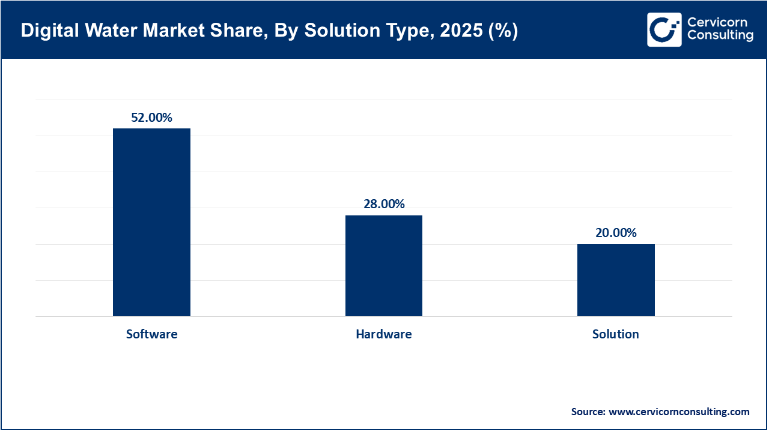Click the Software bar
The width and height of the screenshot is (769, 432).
click(151, 222)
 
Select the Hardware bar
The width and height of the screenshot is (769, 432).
click(383, 265)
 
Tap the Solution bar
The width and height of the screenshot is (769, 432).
click(616, 280)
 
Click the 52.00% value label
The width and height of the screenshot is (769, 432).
click(151, 118)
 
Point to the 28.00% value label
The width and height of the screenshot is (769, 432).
click(383, 204)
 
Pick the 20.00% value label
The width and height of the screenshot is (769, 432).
click(616, 233)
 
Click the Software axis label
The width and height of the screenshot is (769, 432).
click(151, 334)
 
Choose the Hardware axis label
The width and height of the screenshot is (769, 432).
click(383, 334)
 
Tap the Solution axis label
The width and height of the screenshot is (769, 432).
click(616, 334)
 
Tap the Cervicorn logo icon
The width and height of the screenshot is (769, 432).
click(664, 29)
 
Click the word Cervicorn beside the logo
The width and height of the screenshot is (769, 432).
click(717, 23)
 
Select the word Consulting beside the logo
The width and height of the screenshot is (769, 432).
click(720, 36)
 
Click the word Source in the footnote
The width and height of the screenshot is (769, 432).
click(588, 412)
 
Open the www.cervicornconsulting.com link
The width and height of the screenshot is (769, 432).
click(679, 412)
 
